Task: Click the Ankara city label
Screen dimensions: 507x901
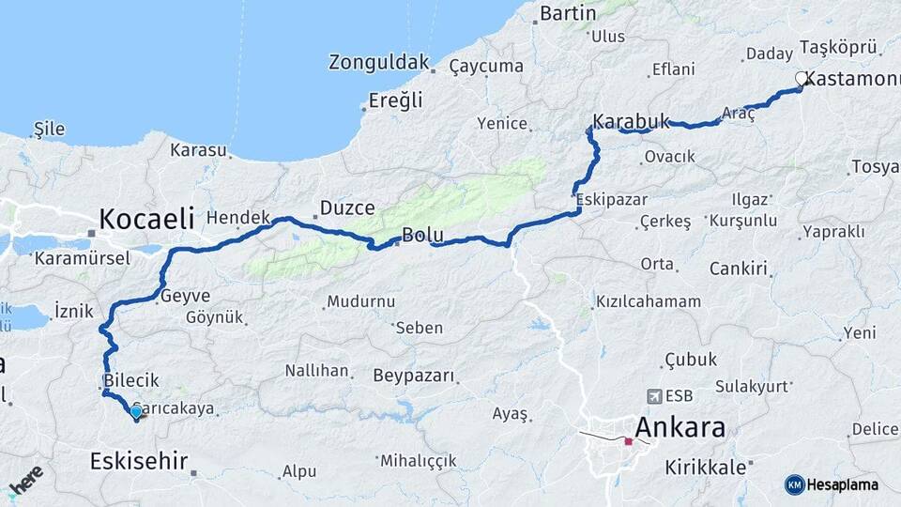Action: [x=680, y=428]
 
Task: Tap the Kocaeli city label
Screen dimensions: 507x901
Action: [x=146, y=220]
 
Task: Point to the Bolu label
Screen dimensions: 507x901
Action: [x=421, y=235]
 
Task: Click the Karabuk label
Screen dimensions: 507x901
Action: [x=631, y=121]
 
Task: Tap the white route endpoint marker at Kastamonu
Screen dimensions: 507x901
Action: [x=802, y=80]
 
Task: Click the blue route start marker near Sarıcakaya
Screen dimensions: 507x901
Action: [x=136, y=411]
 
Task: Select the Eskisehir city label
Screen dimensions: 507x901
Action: [x=139, y=461]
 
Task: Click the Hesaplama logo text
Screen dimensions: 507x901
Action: [x=843, y=484]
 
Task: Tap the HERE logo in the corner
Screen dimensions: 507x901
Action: [x=26, y=480]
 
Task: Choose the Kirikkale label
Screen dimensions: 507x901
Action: [x=705, y=467]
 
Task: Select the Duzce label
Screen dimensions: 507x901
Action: [x=347, y=207]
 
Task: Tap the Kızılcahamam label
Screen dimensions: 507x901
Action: [x=648, y=301]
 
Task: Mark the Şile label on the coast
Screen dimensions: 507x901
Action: [x=48, y=128]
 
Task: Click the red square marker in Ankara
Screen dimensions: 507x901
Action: [x=628, y=440]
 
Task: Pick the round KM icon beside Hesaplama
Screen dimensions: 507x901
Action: [x=795, y=484]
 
